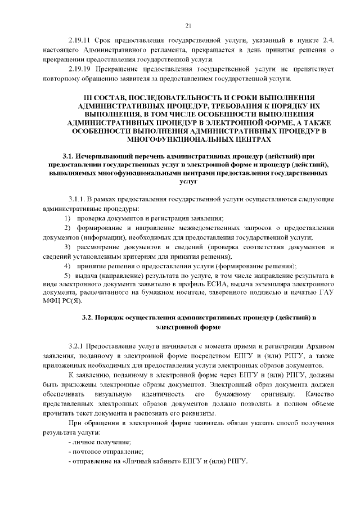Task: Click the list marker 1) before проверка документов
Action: point(67,218)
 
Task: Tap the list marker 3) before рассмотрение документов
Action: point(67,247)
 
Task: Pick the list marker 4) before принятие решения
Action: point(67,265)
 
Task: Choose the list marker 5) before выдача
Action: point(67,276)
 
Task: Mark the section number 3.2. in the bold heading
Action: point(91,318)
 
